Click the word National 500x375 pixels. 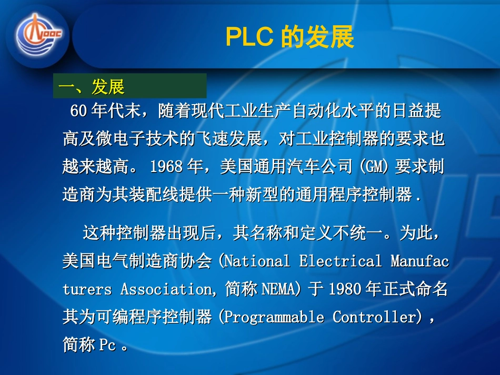click(257, 261)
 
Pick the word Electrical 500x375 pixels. click(341, 261)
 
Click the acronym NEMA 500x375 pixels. click(285, 289)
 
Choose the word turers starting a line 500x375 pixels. click(87, 289)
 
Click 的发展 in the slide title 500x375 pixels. click(318, 37)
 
